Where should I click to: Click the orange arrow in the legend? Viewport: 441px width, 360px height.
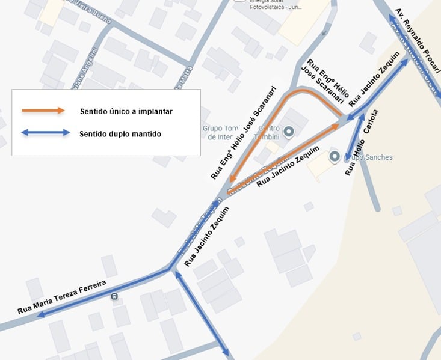point(43,111)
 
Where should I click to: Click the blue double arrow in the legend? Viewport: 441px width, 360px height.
point(46,133)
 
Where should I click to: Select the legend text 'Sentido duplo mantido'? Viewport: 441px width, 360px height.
point(120,134)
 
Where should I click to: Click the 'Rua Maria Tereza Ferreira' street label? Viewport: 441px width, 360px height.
point(61,297)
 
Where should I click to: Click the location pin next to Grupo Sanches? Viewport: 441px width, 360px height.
point(335,157)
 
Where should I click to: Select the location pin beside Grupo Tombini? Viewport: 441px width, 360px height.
point(289,132)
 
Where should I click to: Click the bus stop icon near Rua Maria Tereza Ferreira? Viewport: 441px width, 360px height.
point(114,296)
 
